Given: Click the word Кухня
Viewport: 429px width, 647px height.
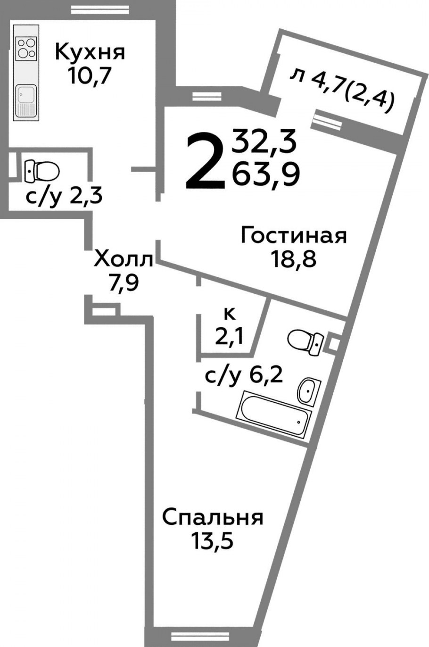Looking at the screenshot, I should pyautogui.click(x=90, y=52).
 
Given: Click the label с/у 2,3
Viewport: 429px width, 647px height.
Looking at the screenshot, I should pyautogui.click(x=64, y=196).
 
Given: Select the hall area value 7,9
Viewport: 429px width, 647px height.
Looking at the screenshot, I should pyautogui.click(x=123, y=284).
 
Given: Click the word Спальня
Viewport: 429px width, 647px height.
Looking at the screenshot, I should pyautogui.click(x=213, y=518).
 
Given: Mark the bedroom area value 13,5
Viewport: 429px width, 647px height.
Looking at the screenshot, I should pyautogui.click(x=212, y=541).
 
